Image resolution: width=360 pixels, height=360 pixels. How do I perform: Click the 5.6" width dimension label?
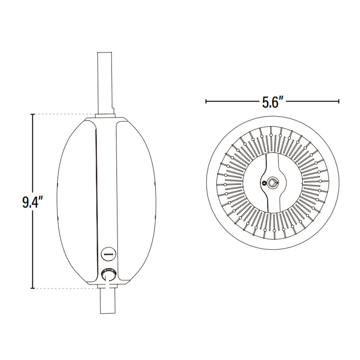tap(273, 102)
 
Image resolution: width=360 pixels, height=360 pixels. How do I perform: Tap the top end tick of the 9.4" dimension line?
tap(33, 114)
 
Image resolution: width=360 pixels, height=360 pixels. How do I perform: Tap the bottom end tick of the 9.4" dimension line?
tap(33, 288)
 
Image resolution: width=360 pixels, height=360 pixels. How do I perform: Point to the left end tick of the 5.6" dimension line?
tap(206, 102)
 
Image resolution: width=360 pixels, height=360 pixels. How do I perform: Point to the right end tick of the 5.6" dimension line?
tap(339, 102)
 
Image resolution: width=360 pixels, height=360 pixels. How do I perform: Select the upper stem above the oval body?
tap(105, 83)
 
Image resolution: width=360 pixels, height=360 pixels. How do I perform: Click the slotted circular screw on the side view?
tap(108, 253)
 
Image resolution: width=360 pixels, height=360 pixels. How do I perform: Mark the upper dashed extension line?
tap(65, 114)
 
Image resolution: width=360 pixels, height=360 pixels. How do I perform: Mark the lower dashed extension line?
tap(65, 288)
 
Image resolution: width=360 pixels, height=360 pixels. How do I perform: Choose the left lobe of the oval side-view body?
tap(76, 202)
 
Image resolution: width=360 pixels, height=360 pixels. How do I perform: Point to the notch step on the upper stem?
tap(113, 109)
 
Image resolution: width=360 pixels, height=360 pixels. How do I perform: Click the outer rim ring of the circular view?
tap(273, 120)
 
